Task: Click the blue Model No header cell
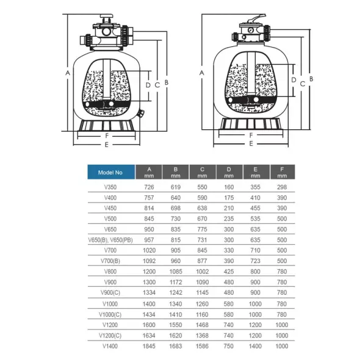111,172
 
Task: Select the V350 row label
110,187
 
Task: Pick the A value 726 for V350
149,187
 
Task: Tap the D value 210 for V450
229,208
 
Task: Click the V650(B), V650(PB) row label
110,240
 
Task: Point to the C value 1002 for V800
202,272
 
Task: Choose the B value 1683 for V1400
176,346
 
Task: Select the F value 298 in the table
282,187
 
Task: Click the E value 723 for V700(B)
255,261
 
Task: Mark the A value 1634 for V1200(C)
149,336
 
